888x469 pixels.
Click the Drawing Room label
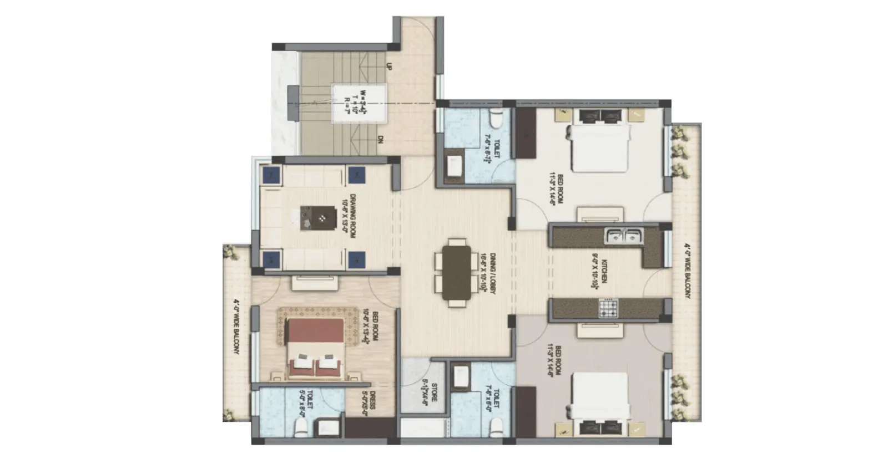pos(348,217)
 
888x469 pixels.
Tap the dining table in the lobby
pos(456,273)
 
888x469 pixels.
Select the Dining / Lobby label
pos(487,273)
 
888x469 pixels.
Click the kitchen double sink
pos(624,236)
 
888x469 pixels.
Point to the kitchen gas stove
pos(608,308)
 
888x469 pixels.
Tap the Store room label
pos(429,391)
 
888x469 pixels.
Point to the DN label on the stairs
pos(381,140)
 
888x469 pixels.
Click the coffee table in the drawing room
pos(319,217)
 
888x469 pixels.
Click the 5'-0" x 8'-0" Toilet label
pos(306,402)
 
